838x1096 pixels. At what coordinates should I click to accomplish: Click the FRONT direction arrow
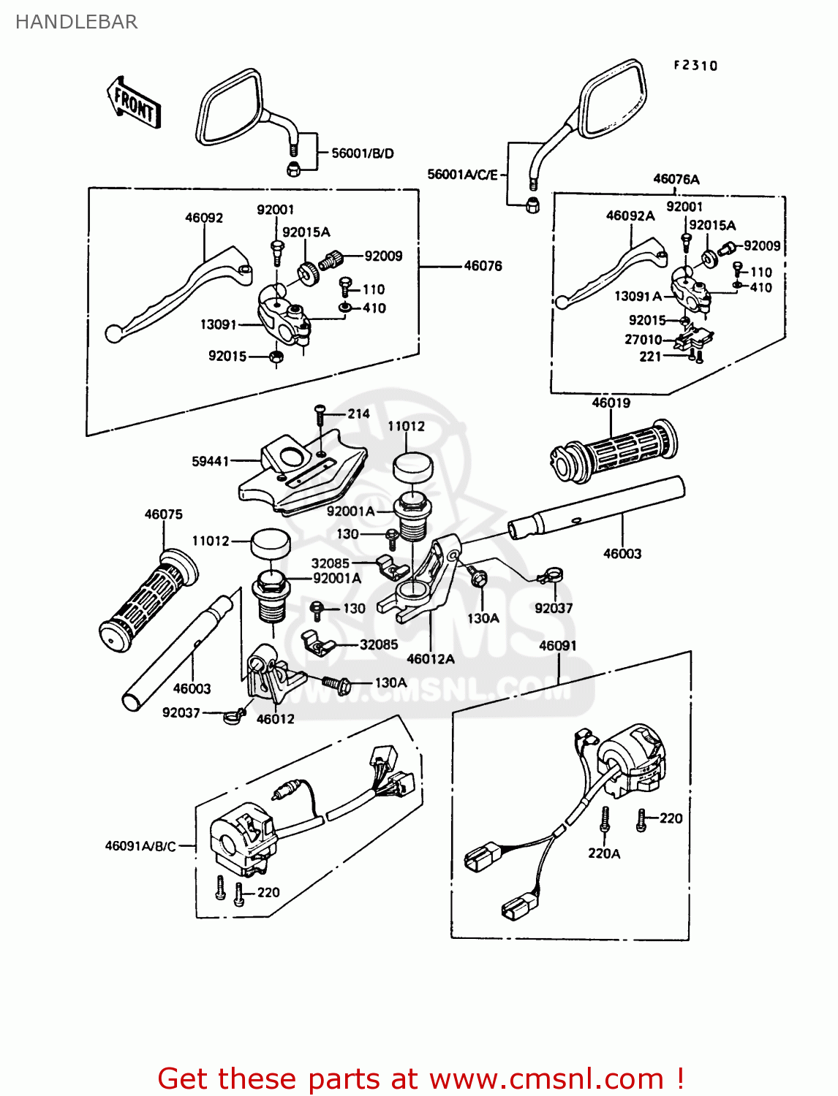point(135,103)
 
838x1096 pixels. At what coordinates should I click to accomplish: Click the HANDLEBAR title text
point(76,22)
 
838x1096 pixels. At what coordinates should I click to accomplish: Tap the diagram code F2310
point(695,66)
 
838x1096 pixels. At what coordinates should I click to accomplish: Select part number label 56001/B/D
point(363,153)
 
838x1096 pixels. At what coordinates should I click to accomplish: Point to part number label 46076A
point(676,179)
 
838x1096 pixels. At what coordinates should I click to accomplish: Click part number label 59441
point(210,461)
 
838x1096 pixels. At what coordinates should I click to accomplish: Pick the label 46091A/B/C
point(140,846)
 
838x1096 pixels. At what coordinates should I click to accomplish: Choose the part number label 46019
point(611,403)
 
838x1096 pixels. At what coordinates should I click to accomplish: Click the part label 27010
point(643,340)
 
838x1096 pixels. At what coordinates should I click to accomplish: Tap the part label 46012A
point(431,659)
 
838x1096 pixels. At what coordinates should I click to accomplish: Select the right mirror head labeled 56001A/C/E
point(613,99)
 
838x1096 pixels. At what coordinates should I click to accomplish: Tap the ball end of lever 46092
point(113,334)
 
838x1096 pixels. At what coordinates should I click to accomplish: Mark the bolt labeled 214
point(320,415)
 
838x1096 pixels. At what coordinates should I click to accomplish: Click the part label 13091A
point(638,296)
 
